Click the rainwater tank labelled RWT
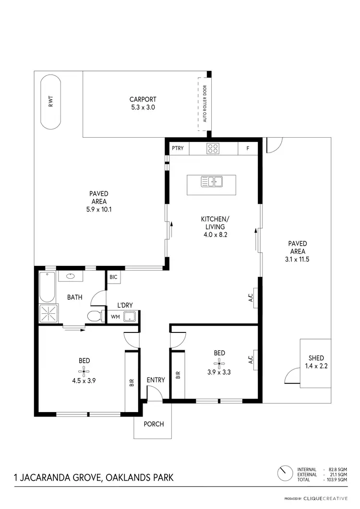(50, 102)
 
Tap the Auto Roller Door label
(204, 104)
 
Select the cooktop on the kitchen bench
(213, 149)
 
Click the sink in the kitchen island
(211, 181)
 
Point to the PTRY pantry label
(178, 149)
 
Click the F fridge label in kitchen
(248, 149)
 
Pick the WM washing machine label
(115, 317)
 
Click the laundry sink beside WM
(129, 316)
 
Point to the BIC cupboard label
(114, 277)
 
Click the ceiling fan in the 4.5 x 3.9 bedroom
(84, 370)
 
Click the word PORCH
(154, 424)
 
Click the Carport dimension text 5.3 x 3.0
(143, 107)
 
